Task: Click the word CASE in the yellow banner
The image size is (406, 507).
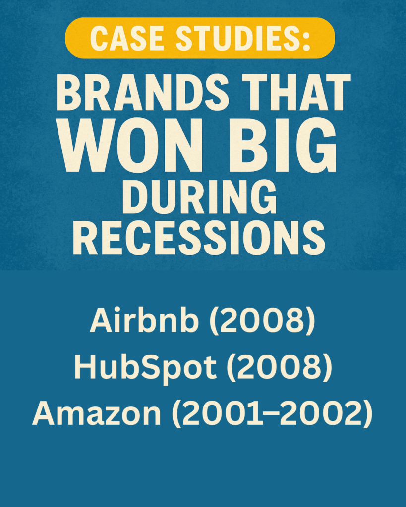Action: [x=126, y=38]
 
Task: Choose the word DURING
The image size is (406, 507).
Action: [x=199, y=197]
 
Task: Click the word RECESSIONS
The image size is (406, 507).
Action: [x=199, y=237]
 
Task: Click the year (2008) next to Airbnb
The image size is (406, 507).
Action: [x=262, y=320]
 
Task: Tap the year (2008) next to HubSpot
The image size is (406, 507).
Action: [x=279, y=367]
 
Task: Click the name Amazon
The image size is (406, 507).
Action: [x=97, y=413]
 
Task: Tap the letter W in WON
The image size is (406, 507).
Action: [x=85, y=146]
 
